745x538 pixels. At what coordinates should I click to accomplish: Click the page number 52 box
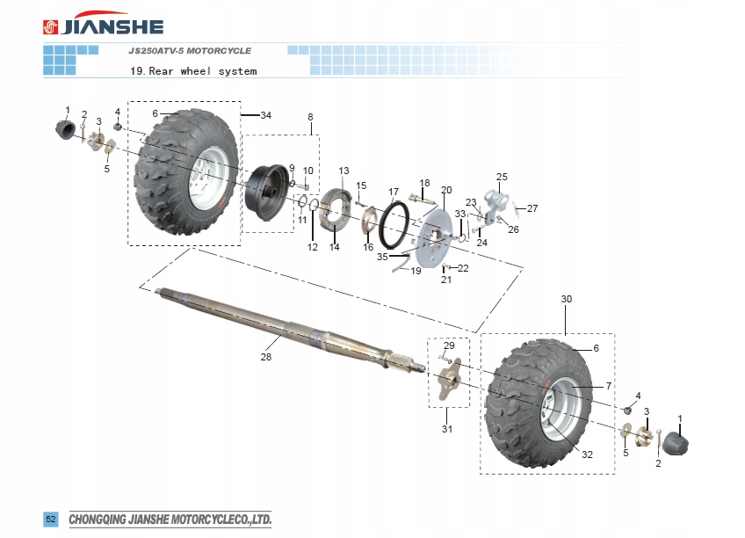point(51,520)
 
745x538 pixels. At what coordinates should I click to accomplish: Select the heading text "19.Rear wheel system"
point(193,71)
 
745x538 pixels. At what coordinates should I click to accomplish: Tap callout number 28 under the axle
point(266,357)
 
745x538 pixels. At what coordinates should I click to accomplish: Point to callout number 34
point(265,115)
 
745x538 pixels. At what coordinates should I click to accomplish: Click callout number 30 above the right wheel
point(567,300)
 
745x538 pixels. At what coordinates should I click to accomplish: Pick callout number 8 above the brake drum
point(310,117)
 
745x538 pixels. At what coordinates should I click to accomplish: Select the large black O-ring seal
point(394,223)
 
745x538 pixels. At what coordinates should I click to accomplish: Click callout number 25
point(502,177)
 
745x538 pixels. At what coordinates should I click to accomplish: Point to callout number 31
point(446,429)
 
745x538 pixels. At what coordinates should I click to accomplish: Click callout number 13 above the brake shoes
point(344,171)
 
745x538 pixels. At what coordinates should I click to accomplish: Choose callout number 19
point(416,272)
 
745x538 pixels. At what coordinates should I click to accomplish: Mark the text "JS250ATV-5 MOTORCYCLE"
point(190,51)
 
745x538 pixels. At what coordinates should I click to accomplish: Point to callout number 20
point(446,190)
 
